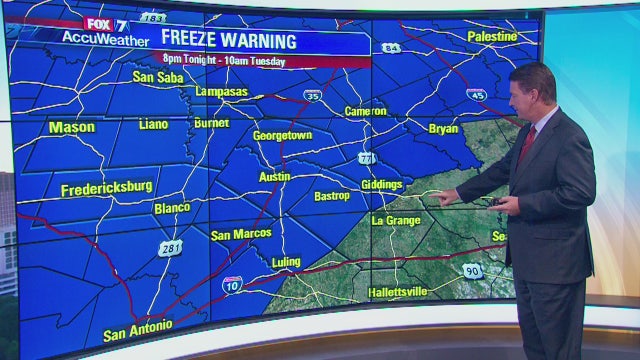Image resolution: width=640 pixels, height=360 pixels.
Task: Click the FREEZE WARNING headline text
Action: [244, 41]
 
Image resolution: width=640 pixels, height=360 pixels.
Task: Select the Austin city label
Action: [274, 176]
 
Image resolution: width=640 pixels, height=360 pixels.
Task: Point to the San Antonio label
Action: [138, 327]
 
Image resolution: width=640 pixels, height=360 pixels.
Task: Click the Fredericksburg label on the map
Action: [106, 188]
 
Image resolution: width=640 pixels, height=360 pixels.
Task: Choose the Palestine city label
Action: [493, 36]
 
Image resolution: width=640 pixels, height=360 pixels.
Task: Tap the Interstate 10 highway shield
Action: [232, 285]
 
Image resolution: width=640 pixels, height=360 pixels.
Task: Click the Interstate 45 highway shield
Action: [476, 94]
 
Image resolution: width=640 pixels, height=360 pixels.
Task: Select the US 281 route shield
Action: [170, 248]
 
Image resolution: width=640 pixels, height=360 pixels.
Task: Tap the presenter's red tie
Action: [526, 146]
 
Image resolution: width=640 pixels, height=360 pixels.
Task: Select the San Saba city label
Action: [158, 76]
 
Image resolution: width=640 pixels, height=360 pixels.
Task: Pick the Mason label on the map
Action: [72, 127]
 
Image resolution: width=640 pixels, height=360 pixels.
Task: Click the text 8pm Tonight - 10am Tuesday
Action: [238, 62]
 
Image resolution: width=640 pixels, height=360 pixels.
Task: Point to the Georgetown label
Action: [282, 135]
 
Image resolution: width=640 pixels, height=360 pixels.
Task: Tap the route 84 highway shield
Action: [390, 48]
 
